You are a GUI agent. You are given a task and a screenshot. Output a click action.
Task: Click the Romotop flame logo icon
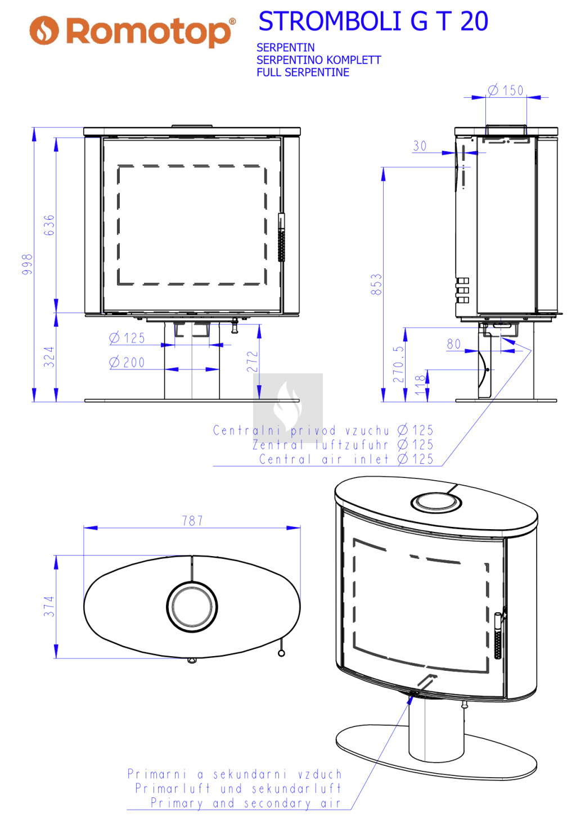[x=44, y=30]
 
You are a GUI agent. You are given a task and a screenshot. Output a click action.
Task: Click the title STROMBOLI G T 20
[x=373, y=21]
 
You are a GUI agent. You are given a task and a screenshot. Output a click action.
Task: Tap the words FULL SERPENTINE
[x=303, y=72]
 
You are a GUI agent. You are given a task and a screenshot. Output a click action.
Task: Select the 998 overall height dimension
[x=28, y=264]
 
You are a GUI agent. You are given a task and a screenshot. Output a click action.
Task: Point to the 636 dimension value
[x=49, y=225]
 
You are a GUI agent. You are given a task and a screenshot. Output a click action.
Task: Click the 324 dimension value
[x=49, y=356]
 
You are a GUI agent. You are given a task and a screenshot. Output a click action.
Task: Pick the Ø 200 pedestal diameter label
[x=127, y=362]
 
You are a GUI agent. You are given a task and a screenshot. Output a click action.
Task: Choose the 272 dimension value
[x=253, y=362]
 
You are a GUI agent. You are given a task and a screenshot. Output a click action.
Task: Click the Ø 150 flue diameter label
[x=506, y=90]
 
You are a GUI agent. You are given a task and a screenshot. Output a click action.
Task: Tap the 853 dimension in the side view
[x=376, y=284]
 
